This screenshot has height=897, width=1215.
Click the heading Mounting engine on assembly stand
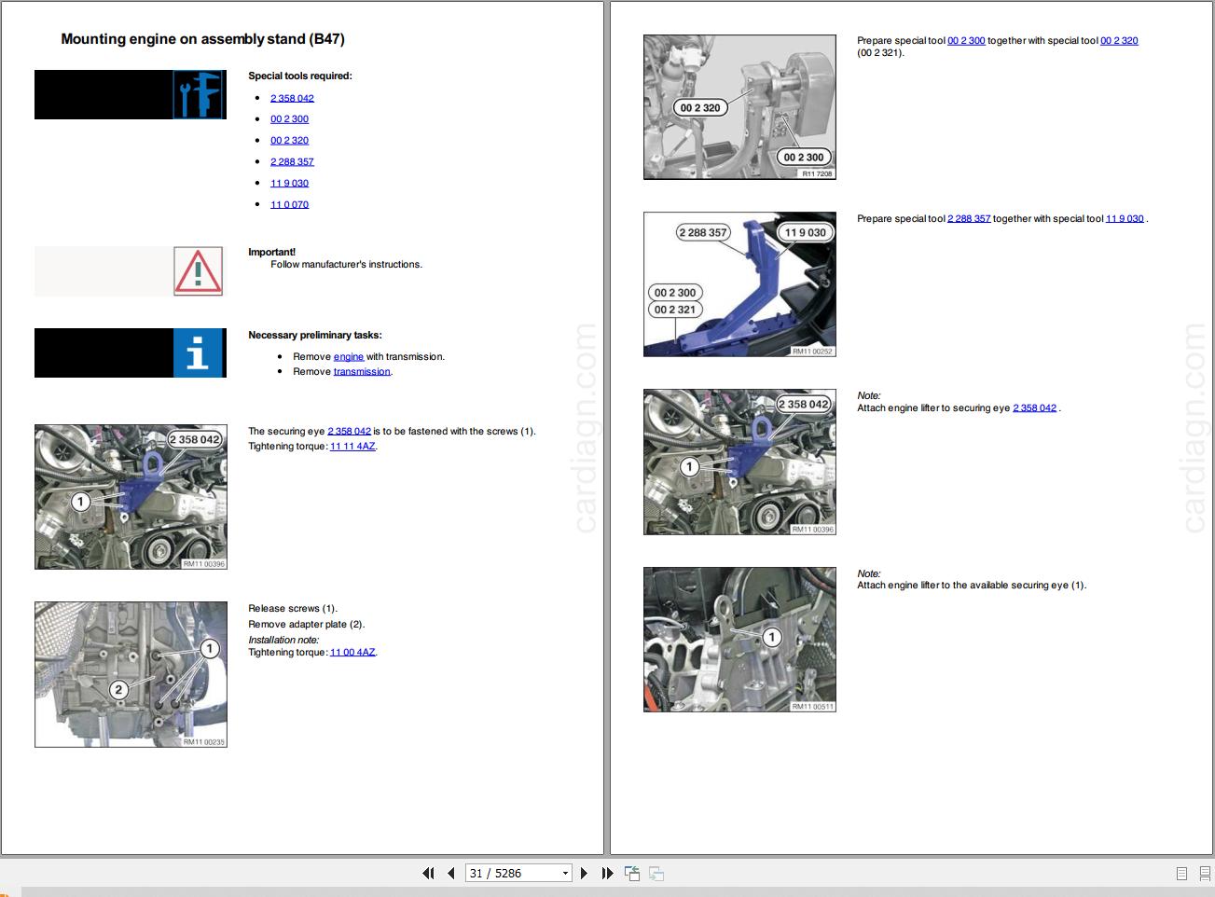(202, 39)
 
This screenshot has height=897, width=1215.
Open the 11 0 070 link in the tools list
(289, 204)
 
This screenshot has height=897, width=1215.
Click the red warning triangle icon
(198, 271)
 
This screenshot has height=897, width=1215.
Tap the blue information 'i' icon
(199, 352)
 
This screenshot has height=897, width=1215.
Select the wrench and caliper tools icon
(199, 95)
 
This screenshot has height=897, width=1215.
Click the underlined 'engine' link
(349, 357)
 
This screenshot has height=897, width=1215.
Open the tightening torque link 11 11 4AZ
(352, 447)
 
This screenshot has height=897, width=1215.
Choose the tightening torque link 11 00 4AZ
(352, 653)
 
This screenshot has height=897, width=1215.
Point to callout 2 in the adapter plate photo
(118, 690)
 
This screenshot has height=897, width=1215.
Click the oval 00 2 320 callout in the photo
(699, 108)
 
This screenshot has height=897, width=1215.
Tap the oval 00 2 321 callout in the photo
(675, 310)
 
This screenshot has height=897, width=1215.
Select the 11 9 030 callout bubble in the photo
(805, 232)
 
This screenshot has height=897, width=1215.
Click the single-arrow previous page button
(451, 873)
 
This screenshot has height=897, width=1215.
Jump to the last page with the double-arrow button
(607, 873)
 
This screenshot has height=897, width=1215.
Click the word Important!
(271, 252)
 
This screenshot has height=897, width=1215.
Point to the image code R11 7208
(817, 173)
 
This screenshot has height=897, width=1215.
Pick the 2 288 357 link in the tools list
(292, 161)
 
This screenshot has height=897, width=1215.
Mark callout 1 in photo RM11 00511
(771, 638)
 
